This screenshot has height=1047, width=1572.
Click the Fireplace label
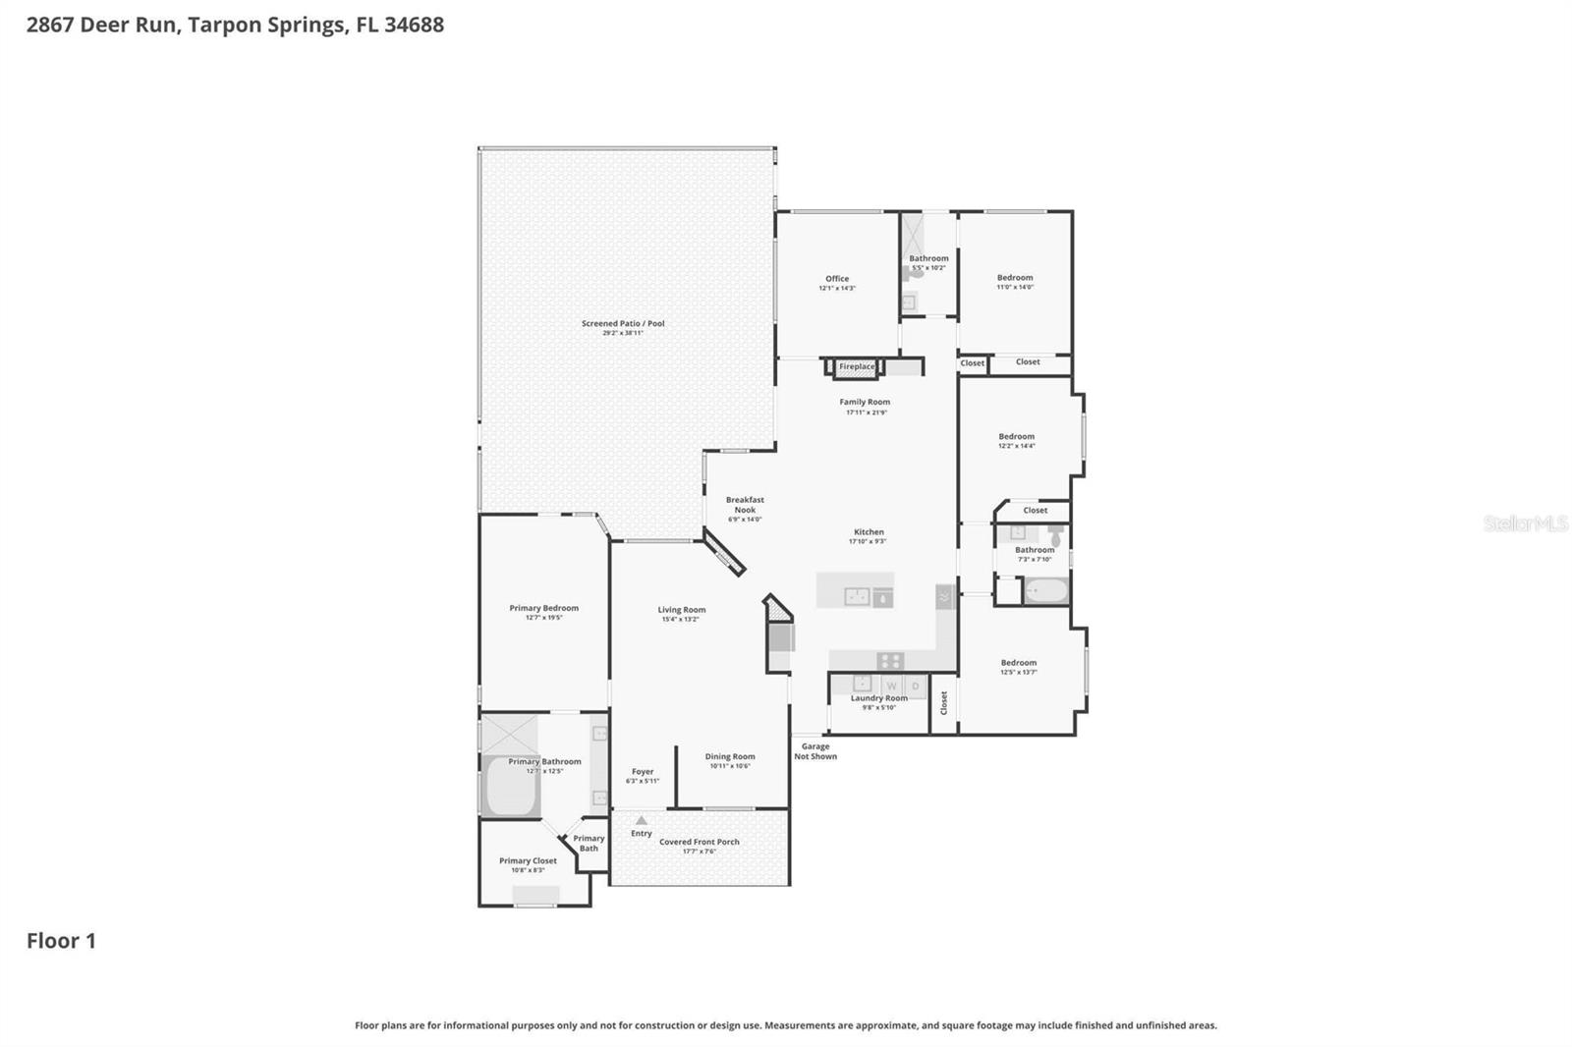click(856, 366)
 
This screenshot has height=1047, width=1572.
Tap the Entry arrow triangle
click(642, 820)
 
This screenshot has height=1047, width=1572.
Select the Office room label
click(837, 279)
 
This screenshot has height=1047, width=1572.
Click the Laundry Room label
click(878, 698)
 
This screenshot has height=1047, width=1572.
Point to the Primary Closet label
click(528, 861)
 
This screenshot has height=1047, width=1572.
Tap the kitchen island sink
click(857, 596)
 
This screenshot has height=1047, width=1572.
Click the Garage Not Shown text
click(815, 751)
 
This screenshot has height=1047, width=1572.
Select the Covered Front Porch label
click(699, 842)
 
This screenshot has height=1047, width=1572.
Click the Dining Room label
click(730, 757)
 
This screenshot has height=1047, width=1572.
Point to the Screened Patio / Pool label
click(623, 323)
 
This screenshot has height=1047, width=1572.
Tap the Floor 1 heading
click(61, 941)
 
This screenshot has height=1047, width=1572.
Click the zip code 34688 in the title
click(414, 25)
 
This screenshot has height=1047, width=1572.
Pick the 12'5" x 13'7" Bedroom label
click(1019, 663)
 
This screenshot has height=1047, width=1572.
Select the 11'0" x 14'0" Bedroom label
click(1015, 278)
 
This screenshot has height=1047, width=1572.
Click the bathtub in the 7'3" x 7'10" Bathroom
click(1045, 591)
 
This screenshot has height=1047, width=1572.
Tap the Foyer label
click(643, 772)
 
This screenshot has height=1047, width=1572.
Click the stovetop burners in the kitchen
click(890, 660)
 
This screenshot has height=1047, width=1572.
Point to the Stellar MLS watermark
click(1525, 523)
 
